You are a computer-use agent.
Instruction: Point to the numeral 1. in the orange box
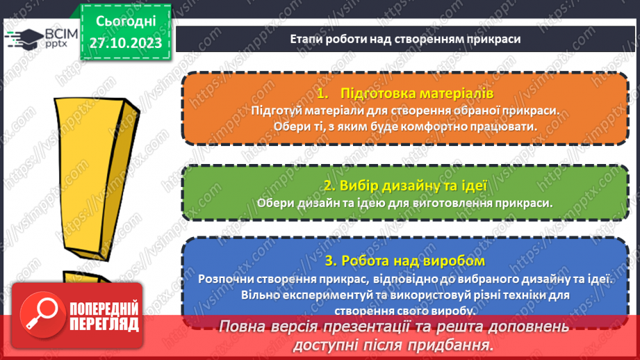[321, 93]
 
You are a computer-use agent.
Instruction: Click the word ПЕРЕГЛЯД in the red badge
[104, 324]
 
